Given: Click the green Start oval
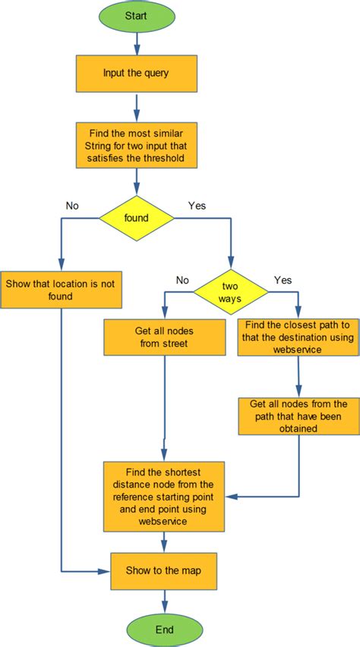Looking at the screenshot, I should click(137, 15).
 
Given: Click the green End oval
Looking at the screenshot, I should click(165, 630).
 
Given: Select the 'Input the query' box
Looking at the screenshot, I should click(137, 73).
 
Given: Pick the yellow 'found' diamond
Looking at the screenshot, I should click(137, 217).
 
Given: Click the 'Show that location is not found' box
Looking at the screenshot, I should click(60, 289).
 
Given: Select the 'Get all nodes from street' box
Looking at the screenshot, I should click(165, 336).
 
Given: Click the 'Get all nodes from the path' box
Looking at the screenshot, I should click(298, 415).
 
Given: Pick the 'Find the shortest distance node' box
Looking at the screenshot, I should click(165, 495).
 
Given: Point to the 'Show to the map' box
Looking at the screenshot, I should click(165, 571).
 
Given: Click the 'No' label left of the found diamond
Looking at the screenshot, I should click(73, 205).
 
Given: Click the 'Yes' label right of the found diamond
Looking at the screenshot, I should click(196, 205).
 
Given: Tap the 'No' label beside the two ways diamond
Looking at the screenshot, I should click(183, 279).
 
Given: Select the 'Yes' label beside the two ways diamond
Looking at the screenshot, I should click(283, 279).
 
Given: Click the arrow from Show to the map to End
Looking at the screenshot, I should click(165, 601).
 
